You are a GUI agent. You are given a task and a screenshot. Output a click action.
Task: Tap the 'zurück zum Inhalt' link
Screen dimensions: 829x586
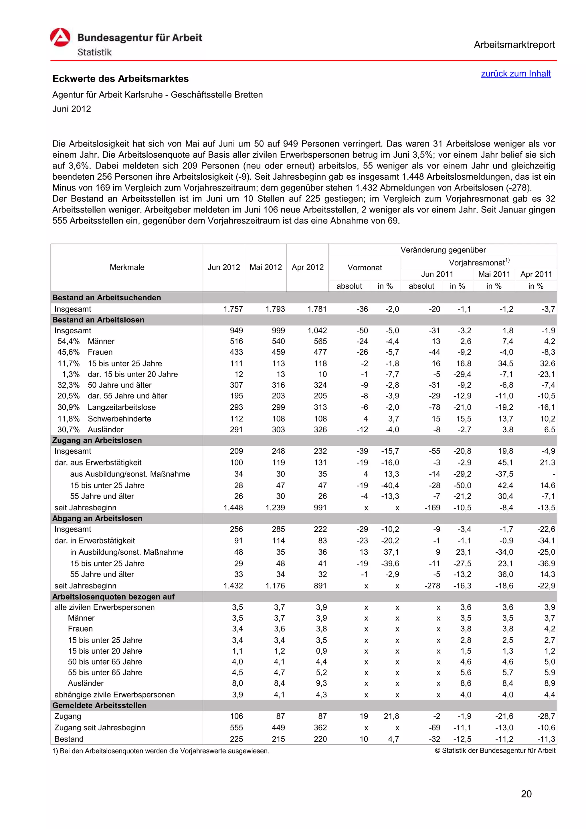[x=515, y=74]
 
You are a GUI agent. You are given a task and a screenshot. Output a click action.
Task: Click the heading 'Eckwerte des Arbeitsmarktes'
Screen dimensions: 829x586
[x=120, y=79]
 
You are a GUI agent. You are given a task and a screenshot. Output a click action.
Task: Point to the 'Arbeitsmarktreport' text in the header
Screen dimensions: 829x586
[x=514, y=45]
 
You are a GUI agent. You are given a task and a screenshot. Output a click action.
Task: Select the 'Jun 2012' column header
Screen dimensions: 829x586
[x=223, y=267]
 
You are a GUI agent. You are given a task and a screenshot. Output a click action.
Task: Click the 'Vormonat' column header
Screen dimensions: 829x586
[x=364, y=267]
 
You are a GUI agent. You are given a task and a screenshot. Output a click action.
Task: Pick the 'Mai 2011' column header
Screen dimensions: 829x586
[x=494, y=274]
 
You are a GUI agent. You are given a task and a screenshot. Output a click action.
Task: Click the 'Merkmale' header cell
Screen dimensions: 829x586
[x=127, y=267]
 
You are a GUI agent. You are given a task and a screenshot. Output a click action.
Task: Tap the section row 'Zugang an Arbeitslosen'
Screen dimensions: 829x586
[x=97, y=440]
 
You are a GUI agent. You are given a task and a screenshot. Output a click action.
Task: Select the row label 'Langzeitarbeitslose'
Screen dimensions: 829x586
[x=122, y=407]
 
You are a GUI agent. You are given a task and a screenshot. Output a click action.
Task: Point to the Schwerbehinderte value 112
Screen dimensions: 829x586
[x=237, y=419]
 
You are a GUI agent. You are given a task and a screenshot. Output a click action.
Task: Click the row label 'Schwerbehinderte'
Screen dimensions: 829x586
[x=120, y=419]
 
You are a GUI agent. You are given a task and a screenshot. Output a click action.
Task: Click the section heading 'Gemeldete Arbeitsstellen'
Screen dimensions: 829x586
[x=99, y=705]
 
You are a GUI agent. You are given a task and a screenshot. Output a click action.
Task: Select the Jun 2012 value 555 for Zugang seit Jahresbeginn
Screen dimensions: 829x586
[x=237, y=727]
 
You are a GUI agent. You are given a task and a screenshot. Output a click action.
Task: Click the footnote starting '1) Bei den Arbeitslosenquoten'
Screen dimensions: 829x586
[x=161, y=751]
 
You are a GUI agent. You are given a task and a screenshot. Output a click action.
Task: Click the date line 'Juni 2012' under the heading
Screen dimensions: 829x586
[x=72, y=109]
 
